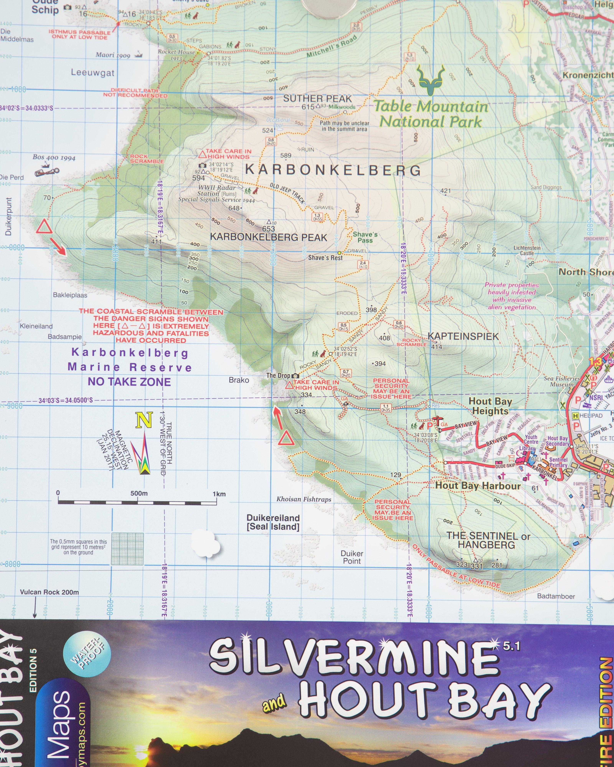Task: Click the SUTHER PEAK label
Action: pos(317,99)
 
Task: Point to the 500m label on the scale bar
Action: pos(139,493)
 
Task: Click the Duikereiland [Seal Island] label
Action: pos(273,522)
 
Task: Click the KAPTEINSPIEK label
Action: pos(463,336)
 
